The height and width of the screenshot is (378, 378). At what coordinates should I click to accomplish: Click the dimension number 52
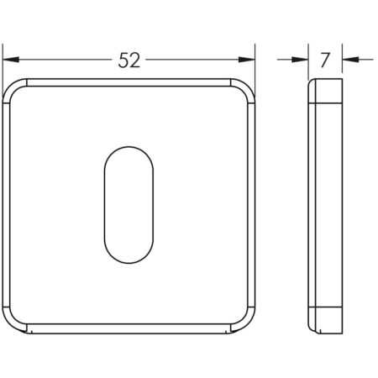tap(129, 60)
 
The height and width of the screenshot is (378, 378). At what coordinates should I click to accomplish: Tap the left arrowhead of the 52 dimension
tap(10, 60)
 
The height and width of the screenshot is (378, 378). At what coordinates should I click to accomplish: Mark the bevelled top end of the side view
tap(326, 90)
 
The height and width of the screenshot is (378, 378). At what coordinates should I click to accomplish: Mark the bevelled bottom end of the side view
tap(326, 323)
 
